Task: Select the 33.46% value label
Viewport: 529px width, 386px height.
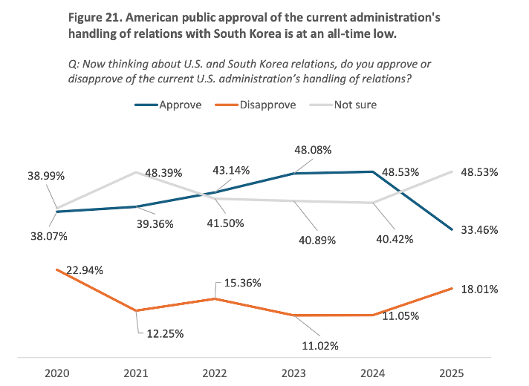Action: [x=478, y=230]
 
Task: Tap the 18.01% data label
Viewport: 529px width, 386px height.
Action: [x=478, y=289]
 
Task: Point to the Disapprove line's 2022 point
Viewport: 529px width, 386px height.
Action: [x=215, y=298]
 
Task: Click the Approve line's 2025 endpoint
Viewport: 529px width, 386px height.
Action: [x=452, y=230]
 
